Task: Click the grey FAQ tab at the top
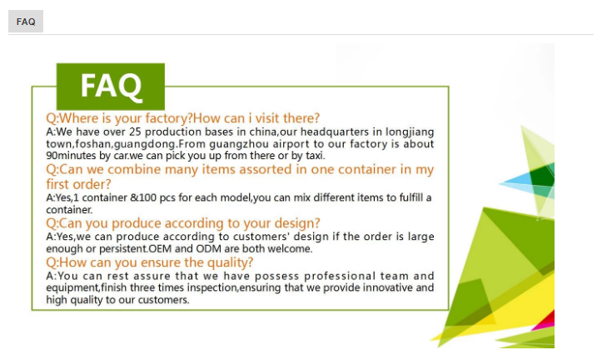pyautogui.click(x=26, y=22)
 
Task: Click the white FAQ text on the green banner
pyautogui.click(x=112, y=86)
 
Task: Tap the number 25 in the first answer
pyautogui.click(x=135, y=132)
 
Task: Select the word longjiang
pyautogui.click(x=410, y=132)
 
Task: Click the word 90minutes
pyautogui.click(x=71, y=155)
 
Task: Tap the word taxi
pyautogui.click(x=315, y=155)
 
